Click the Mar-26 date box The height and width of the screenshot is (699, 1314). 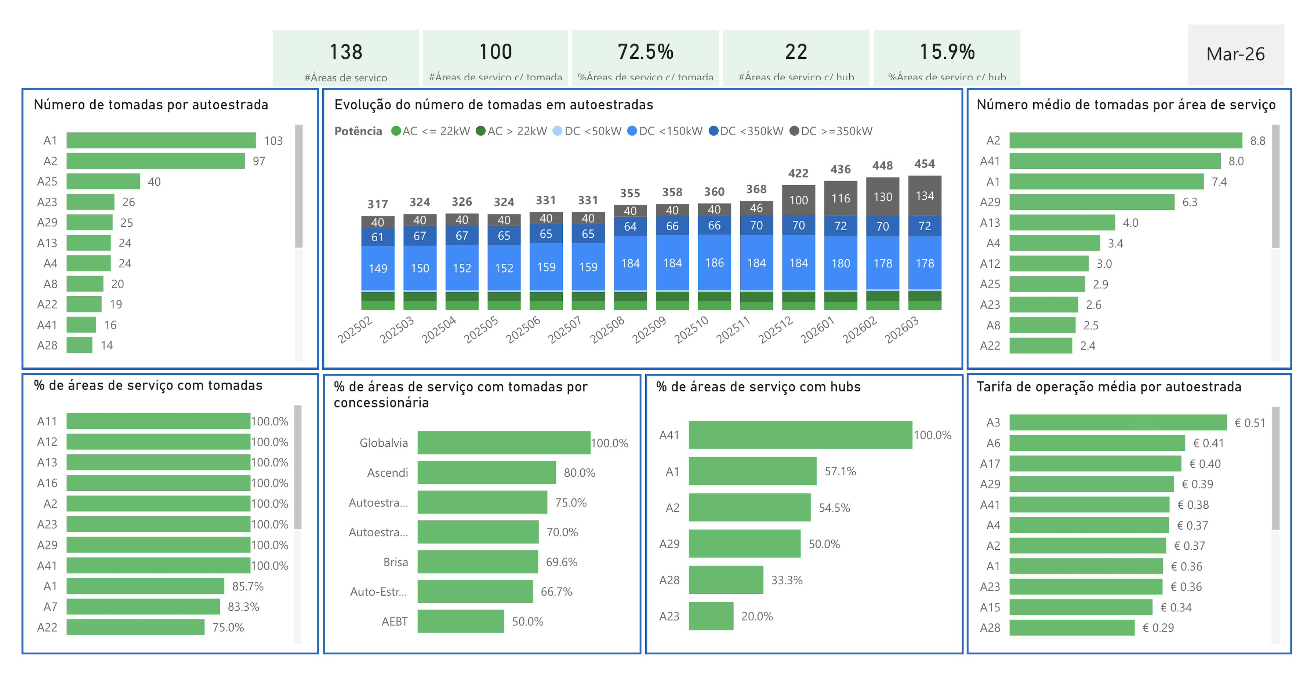(x=1235, y=54)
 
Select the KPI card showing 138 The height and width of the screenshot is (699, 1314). (x=345, y=57)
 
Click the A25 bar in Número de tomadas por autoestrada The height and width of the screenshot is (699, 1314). (x=103, y=182)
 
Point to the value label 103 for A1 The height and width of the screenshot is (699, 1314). (x=273, y=141)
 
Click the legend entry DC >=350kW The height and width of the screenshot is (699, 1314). (x=831, y=131)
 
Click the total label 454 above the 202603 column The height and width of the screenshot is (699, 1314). (x=924, y=164)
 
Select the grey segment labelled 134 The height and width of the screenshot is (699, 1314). (x=924, y=196)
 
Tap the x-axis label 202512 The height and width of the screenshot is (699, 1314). (x=775, y=329)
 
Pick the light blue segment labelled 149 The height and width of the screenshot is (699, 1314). (x=377, y=268)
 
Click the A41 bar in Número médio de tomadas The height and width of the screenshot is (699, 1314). (x=1115, y=161)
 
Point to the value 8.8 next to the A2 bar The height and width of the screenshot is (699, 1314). (x=1257, y=141)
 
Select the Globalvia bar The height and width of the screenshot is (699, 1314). (x=504, y=443)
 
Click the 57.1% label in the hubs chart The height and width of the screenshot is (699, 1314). (x=840, y=471)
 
